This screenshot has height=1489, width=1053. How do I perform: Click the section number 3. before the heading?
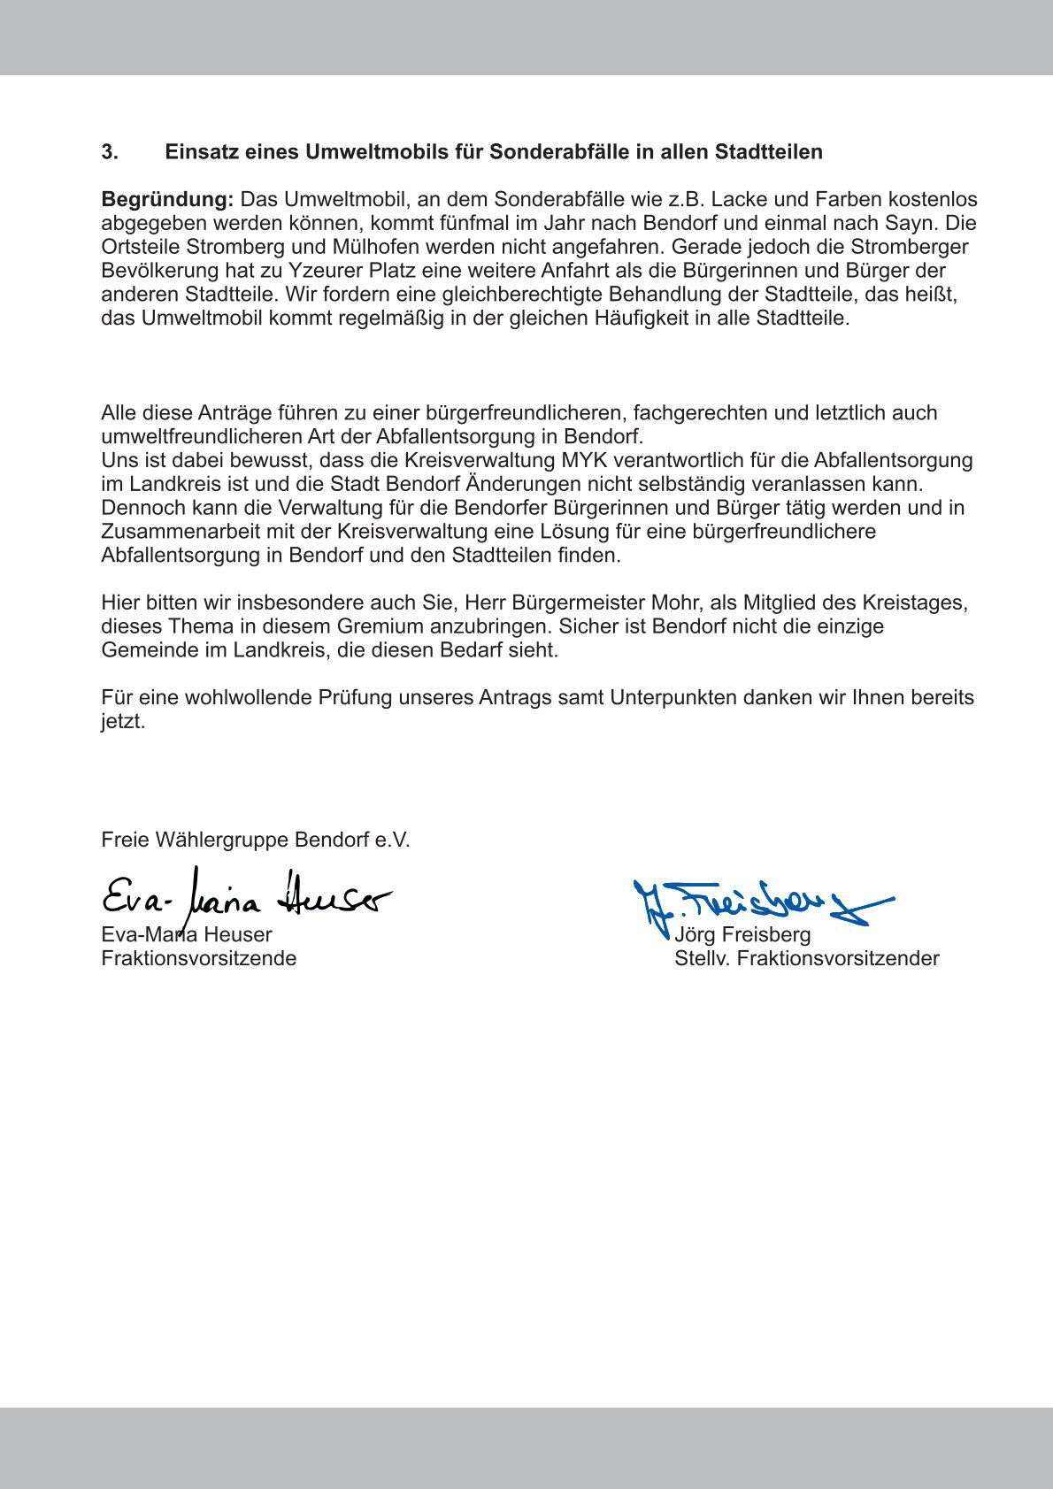pos(110,152)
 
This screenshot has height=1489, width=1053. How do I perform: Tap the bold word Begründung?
pos(167,200)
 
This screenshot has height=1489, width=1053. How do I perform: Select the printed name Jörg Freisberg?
pos(742,935)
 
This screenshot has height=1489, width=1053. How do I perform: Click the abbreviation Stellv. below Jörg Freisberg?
pos(703,959)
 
